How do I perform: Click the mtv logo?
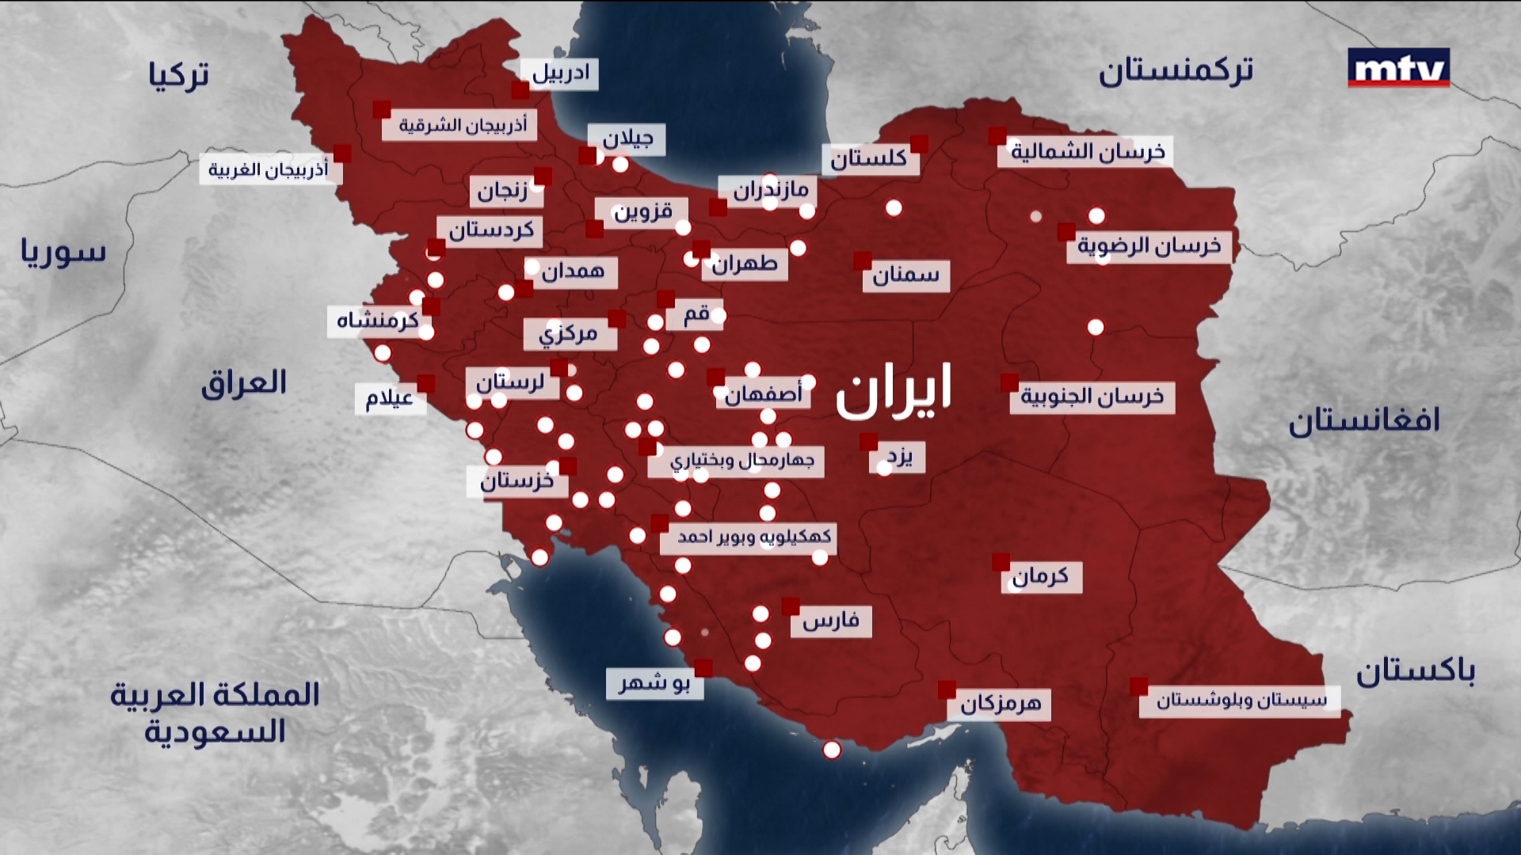(1398, 68)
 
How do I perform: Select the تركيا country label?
(178, 75)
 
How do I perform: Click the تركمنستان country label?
(1176, 71)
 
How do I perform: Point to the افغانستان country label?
(1363, 420)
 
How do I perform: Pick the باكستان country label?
(1415, 672)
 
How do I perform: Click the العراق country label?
(243, 384)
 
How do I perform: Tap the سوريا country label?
(63, 252)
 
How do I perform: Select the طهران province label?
(744, 264)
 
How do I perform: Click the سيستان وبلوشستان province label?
(1240, 701)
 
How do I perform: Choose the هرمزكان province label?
(1000, 704)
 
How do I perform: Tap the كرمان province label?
(1039, 576)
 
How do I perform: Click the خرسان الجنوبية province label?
(1092, 397)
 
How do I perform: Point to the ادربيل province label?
(560, 74)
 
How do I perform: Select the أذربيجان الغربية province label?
(269, 170)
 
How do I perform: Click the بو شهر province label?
(654, 683)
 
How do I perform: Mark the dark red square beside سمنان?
(863, 260)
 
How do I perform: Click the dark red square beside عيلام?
(426, 383)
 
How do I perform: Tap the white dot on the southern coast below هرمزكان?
(831, 750)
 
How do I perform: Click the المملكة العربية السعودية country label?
(214, 712)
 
